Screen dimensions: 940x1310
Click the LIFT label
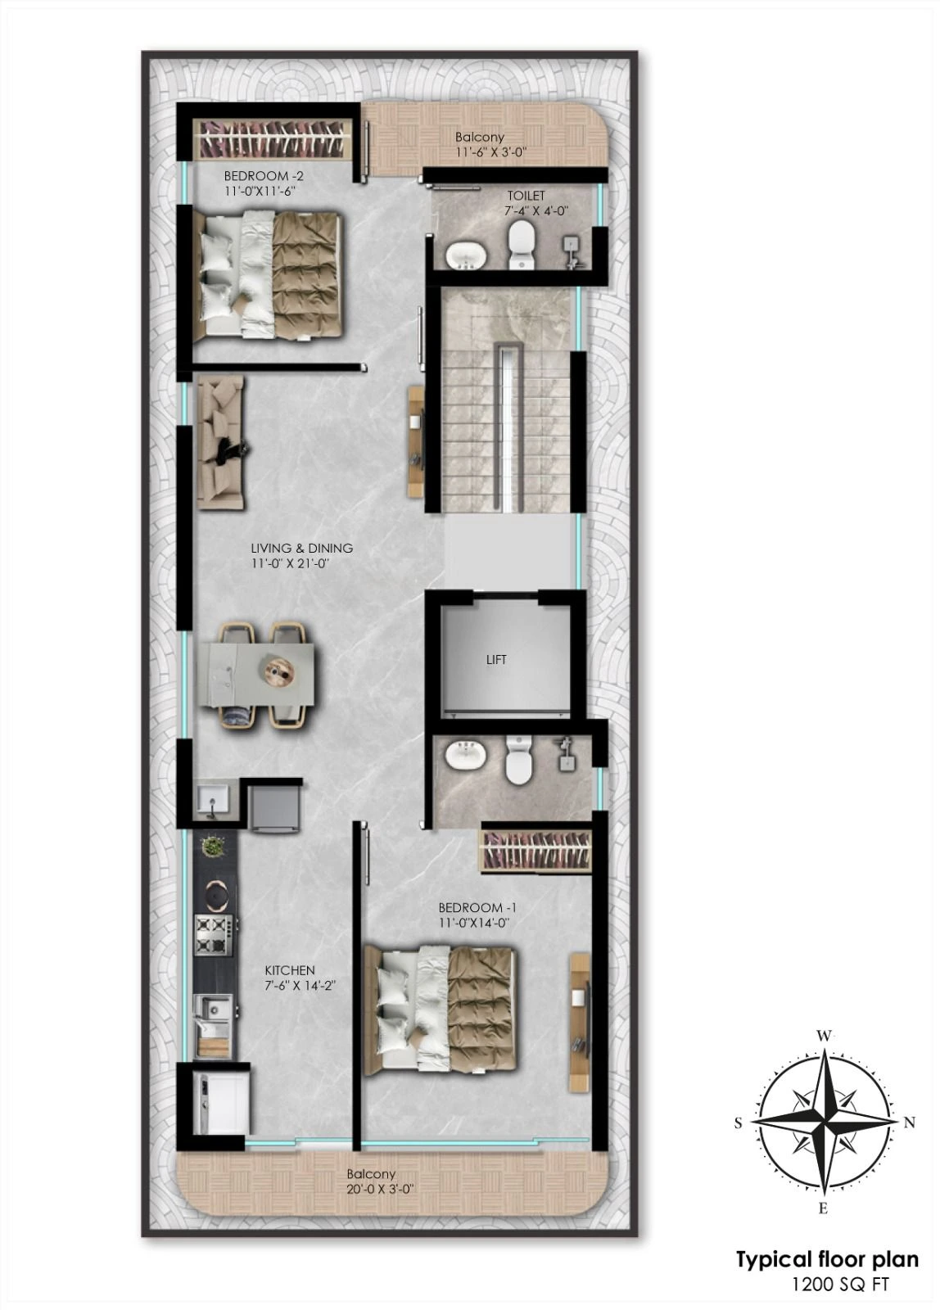tap(496, 660)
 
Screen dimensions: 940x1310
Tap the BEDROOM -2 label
tap(264, 175)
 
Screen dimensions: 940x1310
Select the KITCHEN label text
tap(290, 970)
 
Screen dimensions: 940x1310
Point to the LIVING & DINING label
tap(302, 548)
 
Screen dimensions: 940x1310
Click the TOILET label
tap(526, 196)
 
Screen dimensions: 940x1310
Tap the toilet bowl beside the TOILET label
tap(520, 245)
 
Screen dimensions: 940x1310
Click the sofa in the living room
tap(220, 443)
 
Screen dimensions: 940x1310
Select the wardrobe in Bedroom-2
tap(273, 138)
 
